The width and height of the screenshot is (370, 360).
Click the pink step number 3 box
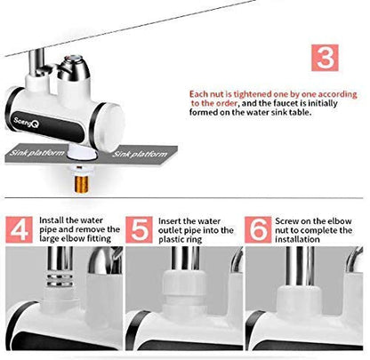click(x=325, y=58)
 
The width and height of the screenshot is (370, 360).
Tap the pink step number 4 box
click(x=20, y=229)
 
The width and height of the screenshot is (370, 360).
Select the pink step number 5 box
click(x=139, y=230)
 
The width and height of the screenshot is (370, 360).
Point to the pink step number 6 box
click(x=259, y=230)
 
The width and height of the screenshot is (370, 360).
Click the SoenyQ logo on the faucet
click(x=26, y=122)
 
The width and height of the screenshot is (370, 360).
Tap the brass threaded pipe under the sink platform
click(x=81, y=184)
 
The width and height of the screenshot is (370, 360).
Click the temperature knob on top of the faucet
click(x=74, y=69)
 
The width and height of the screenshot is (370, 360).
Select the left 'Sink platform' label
click(x=36, y=153)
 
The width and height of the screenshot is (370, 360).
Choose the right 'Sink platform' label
click(x=140, y=154)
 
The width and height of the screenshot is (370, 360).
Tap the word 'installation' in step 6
click(x=297, y=239)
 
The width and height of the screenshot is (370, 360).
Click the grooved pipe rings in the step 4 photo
click(x=60, y=281)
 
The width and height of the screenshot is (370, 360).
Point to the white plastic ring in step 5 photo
click(x=184, y=285)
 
